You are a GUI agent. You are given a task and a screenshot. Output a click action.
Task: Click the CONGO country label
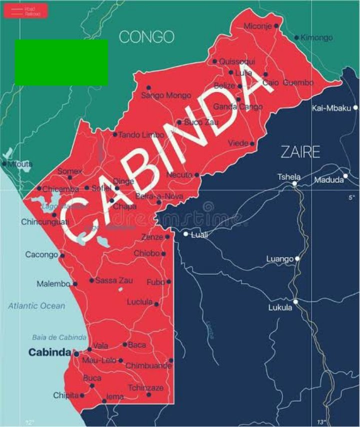coord(146,36)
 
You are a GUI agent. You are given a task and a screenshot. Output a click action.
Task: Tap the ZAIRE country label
coord(300,151)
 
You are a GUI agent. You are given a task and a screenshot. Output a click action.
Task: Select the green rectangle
coord(61,62)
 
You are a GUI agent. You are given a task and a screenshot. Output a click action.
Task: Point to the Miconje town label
coord(257,25)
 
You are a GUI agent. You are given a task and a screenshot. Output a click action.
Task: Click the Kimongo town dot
coord(296,37)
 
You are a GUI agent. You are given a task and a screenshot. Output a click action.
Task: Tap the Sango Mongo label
coord(166,95)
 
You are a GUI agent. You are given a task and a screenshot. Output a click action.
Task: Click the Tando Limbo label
coord(141,134)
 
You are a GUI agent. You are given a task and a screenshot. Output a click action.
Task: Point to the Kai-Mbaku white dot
coord(355,107)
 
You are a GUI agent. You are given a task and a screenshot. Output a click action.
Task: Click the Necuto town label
coord(178,175)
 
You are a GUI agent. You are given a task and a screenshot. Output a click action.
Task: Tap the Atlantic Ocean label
coord(36,305)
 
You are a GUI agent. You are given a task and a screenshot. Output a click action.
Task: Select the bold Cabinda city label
coord(49,352)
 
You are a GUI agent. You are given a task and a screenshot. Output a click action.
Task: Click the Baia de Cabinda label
coord(59,337)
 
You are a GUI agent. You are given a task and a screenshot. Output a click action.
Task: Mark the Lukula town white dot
coord(295,301)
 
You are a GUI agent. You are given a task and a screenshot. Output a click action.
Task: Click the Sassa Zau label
coord(114,280)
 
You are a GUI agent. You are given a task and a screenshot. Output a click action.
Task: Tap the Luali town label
coord(199,234)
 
